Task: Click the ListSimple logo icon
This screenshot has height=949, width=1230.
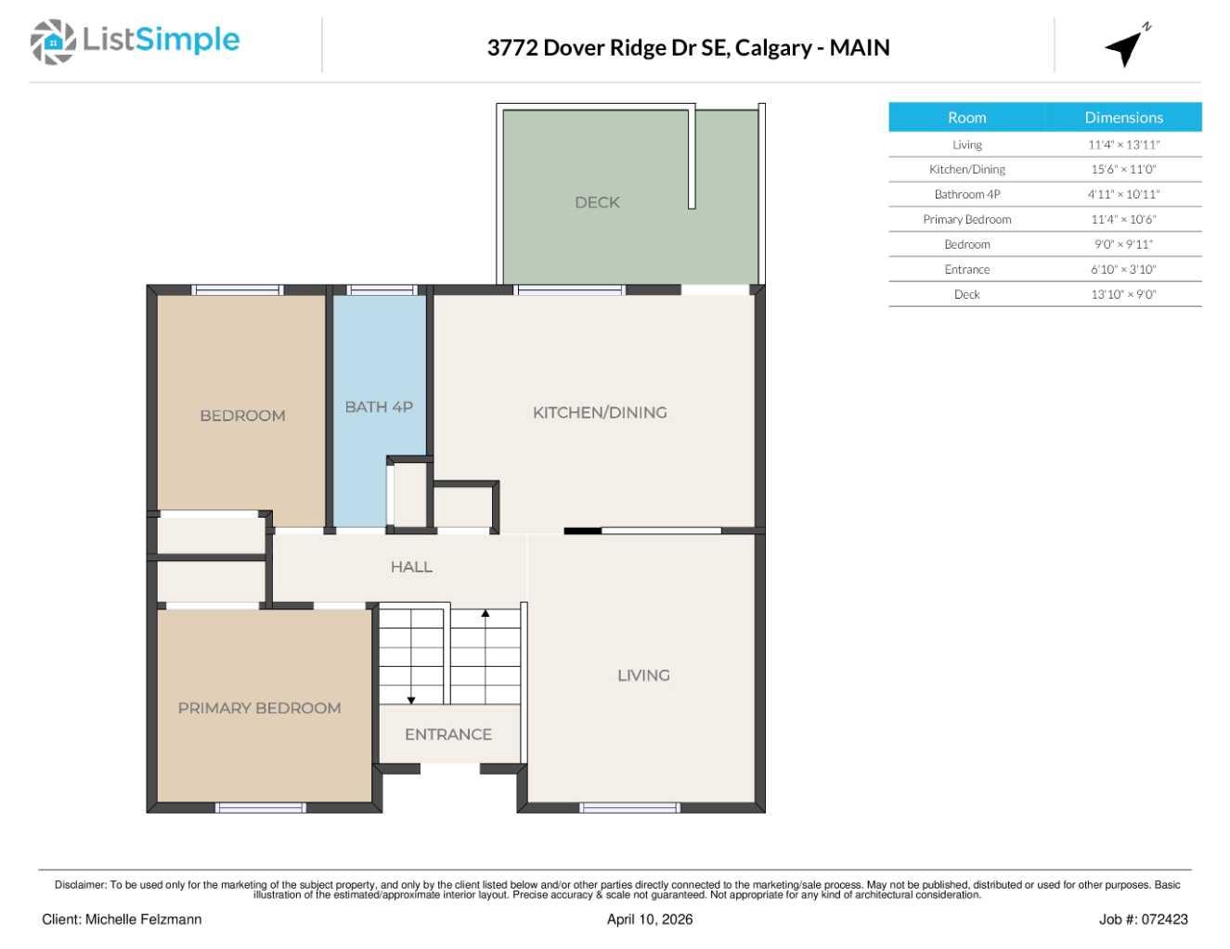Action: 53,42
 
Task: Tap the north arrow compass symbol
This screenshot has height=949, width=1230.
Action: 1125,47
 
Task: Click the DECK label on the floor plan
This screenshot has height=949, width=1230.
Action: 597,202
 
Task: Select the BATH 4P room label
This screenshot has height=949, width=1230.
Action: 379,407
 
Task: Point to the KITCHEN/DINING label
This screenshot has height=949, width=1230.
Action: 600,413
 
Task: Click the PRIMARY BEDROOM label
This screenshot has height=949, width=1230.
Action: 259,708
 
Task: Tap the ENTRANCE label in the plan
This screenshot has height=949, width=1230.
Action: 448,735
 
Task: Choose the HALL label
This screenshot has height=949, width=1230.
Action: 411,567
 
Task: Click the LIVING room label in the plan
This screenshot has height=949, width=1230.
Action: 643,675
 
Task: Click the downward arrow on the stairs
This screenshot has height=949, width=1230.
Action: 411,699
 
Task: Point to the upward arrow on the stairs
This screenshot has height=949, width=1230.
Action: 485,614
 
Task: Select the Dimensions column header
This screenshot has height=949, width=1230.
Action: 1123,118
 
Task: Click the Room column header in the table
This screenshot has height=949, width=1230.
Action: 966,118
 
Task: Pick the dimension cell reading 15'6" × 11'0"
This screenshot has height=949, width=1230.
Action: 1123,170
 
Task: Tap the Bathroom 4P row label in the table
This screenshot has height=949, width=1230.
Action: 966,195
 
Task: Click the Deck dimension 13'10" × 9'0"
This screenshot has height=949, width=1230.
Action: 1123,295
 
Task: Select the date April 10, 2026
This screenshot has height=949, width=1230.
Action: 649,919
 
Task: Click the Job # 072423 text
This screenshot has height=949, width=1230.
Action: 1143,919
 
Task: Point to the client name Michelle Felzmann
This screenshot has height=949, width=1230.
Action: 143,919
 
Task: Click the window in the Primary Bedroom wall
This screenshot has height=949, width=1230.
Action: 261,808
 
